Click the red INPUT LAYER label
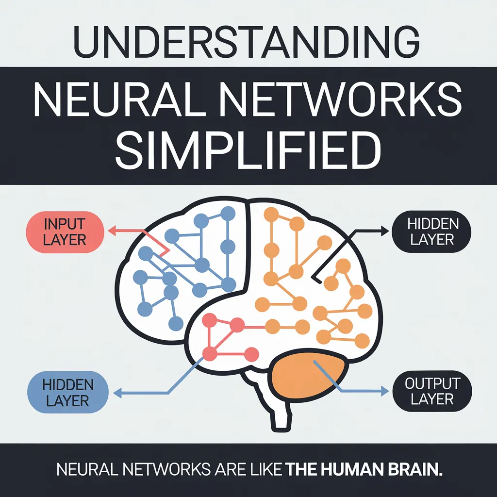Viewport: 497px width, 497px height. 65,232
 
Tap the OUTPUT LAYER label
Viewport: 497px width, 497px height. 432,391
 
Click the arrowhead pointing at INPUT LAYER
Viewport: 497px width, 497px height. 111,232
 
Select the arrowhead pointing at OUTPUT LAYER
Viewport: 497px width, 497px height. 385,389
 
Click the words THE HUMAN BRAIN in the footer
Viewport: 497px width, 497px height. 364,470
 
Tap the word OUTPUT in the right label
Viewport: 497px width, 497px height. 432,384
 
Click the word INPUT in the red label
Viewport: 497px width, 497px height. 65,224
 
